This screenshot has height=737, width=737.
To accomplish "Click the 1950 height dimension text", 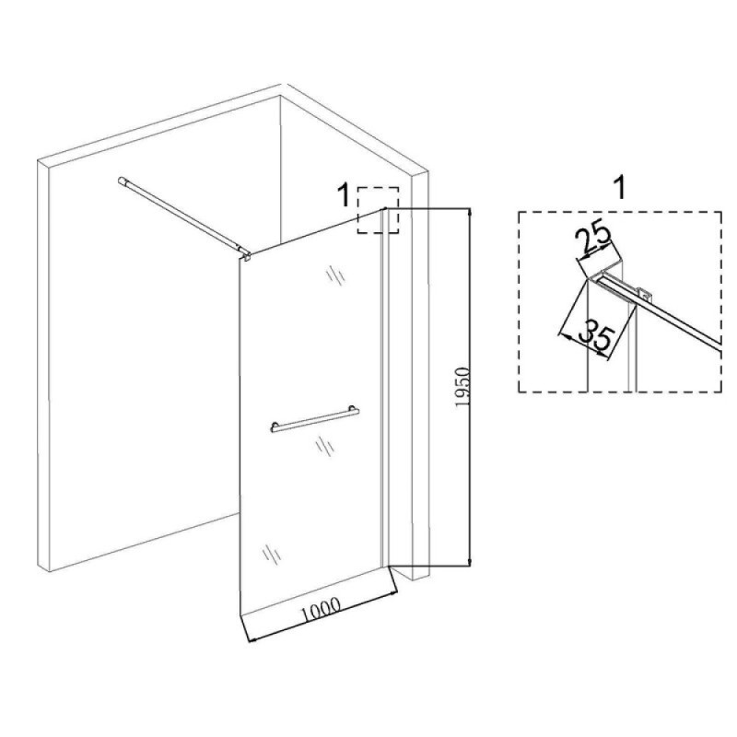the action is coord(463,388).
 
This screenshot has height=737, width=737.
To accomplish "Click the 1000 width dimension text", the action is coord(321,609).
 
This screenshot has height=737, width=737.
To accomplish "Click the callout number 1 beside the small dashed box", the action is coord(345,195).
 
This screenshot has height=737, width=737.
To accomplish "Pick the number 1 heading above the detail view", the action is coord(621,188).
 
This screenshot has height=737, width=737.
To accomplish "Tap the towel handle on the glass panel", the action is coord(315,420).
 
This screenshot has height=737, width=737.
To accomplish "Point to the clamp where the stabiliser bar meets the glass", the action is coord(246,254).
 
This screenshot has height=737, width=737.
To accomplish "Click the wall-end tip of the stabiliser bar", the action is coord(121,180).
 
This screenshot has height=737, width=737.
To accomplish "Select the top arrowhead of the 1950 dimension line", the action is coord(470,214).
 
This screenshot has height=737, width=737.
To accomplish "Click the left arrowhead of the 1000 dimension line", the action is coord(252,638).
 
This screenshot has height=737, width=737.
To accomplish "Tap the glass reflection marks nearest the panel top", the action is coord(335,275).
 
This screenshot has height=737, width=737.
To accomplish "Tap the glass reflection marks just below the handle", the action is coord(324,446).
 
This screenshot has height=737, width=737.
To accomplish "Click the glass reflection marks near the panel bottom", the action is coord(271,554).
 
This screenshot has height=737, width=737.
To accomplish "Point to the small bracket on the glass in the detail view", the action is coord(646,294).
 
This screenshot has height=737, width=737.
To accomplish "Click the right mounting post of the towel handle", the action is coord(352,408).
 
